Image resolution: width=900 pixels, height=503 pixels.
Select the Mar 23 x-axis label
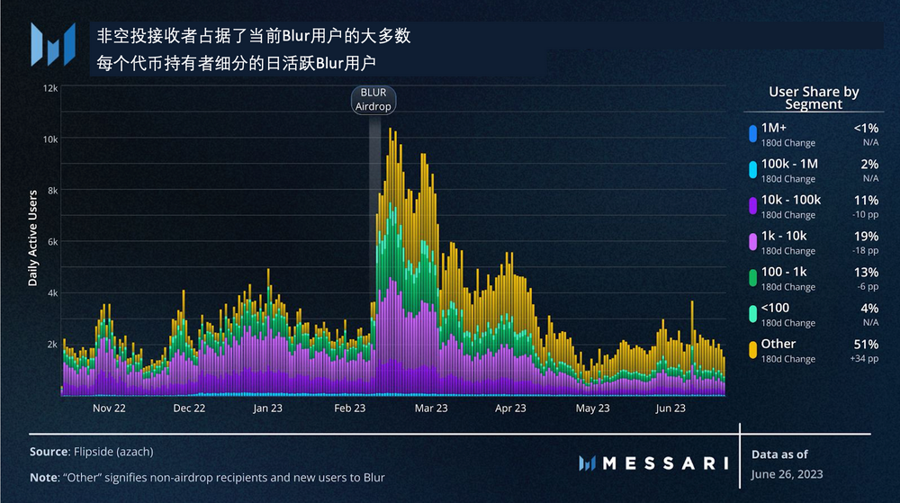point(431,409)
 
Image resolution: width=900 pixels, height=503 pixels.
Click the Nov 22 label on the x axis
point(108,409)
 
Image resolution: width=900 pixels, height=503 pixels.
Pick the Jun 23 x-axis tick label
point(670,409)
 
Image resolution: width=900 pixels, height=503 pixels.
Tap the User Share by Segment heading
point(814,98)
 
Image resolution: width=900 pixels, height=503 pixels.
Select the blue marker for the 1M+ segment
point(751,134)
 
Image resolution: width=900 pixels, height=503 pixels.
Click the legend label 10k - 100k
point(791,200)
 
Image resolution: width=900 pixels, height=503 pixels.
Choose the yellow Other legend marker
point(751,350)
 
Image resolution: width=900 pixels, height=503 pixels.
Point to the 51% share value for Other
point(865,344)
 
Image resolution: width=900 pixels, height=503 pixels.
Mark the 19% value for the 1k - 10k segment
point(865,236)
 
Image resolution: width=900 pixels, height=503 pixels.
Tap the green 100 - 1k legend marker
point(751,278)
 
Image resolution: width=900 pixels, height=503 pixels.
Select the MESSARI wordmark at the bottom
point(664,463)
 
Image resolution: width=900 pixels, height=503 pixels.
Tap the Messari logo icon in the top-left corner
point(52,45)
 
